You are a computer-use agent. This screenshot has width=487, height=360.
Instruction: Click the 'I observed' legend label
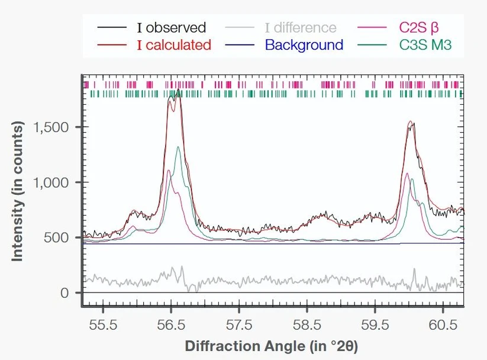point(171,28)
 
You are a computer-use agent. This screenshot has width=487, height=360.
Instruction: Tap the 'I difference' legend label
point(300,28)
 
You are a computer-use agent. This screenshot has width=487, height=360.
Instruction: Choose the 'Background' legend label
point(304,45)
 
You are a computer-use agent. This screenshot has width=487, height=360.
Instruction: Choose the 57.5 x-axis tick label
point(239,324)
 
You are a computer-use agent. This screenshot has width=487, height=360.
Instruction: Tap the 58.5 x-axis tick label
point(307,324)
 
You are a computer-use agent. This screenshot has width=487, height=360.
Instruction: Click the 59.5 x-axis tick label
point(375,324)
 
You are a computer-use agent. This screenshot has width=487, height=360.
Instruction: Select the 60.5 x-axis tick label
point(443,324)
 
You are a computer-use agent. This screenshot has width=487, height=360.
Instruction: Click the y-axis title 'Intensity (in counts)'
point(18,191)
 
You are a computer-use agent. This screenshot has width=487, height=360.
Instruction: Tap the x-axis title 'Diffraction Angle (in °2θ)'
point(272,346)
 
